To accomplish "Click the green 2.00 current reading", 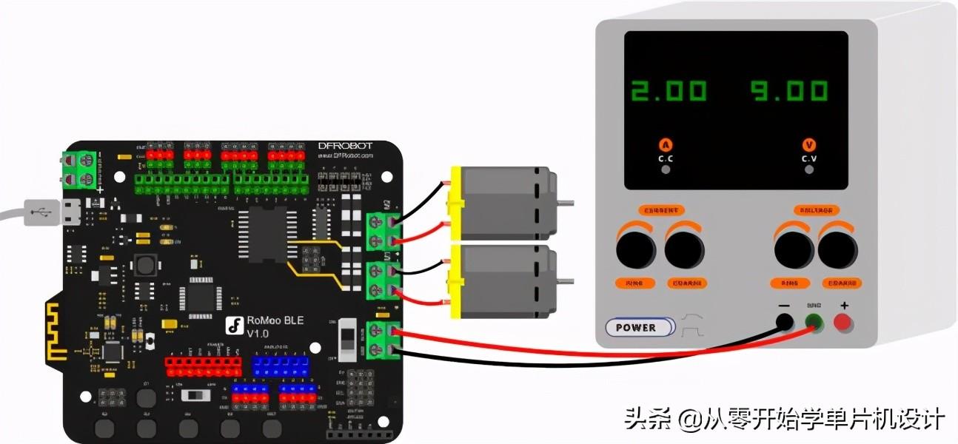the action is pos(669,91).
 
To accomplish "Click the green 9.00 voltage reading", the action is pos(788,91).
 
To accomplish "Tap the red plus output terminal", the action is pos(843,322).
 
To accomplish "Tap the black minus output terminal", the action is pos(784,322).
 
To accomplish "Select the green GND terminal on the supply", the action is pos(814,323).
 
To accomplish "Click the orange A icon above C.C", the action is pos(666,145).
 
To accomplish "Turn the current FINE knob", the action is pos(636,250).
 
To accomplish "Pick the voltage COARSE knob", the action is pos(838,250).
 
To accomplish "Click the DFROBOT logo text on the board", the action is pos(345,146).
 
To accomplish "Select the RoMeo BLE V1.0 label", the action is pos(275,326).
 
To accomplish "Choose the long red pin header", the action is pos(203,366).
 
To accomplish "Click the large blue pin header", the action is pos(279,366).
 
